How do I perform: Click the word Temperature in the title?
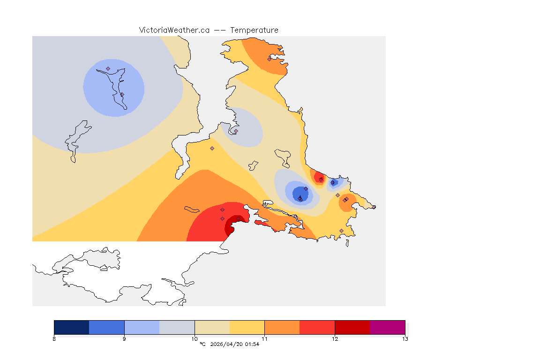click(x=254, y=30)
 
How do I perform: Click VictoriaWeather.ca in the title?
click(x=174, y=30)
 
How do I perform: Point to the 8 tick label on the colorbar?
click(x=54, y=339)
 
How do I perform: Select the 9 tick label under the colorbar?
click(x=124, y=339)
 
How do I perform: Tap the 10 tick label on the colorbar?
click(x=195, y=339)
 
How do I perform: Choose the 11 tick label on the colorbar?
click(x=264, y=339)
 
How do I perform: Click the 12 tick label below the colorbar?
click(x=335, y=339)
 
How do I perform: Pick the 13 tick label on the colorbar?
click(x=405, y=339)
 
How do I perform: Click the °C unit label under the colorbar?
click(x=202, y=345)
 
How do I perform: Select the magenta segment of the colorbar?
click(x=387, y=327)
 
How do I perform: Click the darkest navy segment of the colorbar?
click(x=72, y=327)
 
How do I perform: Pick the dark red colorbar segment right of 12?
click(x=352, y=327)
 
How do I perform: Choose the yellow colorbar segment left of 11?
click(x=247, y=327)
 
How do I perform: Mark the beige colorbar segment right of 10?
click(x=212, y=327)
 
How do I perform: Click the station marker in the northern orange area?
click(x=269, y=59)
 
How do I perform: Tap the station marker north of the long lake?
click(x=108, y=68)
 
